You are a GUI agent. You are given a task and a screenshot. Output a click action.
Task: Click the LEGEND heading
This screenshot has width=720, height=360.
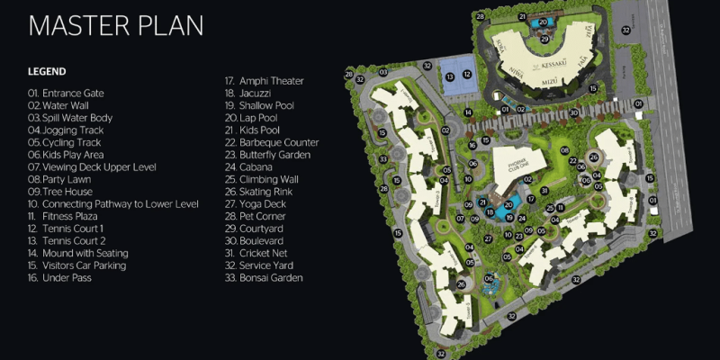pyautogui.click(x=47, y=71)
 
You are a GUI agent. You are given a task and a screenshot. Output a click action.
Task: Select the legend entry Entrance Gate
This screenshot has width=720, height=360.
pyautogui.click(x=67, y=93)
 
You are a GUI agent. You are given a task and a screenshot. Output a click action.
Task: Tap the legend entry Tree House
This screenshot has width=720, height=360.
pyautogui.click(x=62, y=192)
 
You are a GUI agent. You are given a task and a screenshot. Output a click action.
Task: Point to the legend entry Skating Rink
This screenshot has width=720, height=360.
pyautogui.click(x=263, y=192)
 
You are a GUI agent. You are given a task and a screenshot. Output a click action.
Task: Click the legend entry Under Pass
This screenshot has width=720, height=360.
pyautogui.click(x=59, y=278)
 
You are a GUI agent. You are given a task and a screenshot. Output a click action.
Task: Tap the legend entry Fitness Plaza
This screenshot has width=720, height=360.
pyautogui.click(x=66, y=216)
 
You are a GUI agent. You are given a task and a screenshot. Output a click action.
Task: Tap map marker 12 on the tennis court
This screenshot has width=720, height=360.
pyautogui.click(x=466, y=76)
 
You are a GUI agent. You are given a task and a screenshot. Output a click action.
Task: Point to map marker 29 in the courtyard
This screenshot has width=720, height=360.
pyautogui.click(x=544, y=39)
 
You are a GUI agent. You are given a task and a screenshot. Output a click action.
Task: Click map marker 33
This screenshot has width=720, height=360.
pyautogui.click(x=382, y=159)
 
